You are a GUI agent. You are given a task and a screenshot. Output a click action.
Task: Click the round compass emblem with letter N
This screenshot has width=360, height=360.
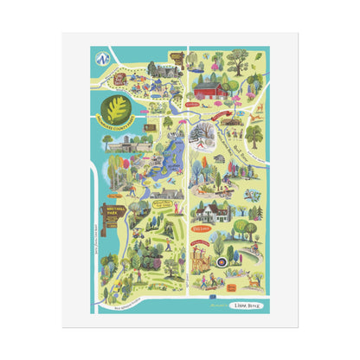105,61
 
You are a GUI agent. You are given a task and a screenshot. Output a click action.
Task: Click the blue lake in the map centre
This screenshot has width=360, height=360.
165,165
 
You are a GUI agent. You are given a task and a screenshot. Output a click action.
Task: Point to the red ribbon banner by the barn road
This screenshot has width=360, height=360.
233,110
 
